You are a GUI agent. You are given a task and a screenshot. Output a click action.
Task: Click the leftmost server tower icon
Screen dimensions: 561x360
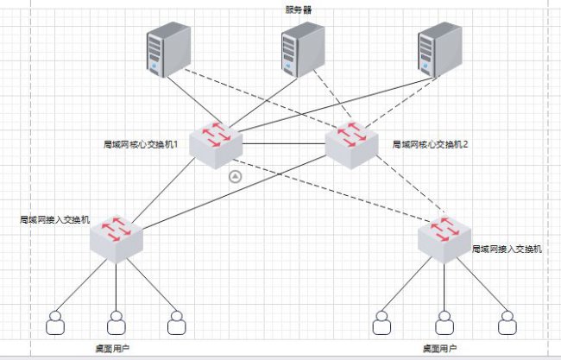(168, 50)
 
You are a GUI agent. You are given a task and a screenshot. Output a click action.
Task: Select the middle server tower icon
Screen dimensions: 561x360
(303, 50)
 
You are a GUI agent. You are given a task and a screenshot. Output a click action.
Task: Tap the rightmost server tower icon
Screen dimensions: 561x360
(439, 50)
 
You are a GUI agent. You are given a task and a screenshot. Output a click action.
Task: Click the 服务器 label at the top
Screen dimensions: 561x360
(299, 9)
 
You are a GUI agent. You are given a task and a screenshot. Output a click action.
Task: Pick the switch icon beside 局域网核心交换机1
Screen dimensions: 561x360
(216, 144)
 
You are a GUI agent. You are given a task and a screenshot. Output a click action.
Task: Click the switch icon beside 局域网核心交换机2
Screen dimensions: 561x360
(351, 144)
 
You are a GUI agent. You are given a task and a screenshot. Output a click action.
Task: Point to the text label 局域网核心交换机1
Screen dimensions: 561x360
(141, 144)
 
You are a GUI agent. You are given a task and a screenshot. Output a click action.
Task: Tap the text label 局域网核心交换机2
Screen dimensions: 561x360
(430, 144)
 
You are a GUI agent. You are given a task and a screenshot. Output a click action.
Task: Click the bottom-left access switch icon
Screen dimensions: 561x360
(117, 239)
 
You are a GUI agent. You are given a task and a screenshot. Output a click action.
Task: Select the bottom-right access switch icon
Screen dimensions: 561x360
(444, 239)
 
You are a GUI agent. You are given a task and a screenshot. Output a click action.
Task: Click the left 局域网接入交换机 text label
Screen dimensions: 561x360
(54, 219)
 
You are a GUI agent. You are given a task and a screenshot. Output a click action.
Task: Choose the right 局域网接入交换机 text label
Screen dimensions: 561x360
(507, 249)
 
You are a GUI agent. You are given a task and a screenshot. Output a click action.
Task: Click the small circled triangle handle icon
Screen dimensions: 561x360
(235, 176)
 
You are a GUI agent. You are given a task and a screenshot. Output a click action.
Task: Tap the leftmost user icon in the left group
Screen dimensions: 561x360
(55, 323)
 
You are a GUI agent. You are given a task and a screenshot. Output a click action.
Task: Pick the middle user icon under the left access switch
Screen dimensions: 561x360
(117, 323)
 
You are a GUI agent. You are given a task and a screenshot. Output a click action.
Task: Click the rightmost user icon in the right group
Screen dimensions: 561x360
(507, 323)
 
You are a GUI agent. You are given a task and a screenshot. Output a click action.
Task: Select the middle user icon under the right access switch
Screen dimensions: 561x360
(444, 323)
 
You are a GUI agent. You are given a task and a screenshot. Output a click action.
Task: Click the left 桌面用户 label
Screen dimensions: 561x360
(112, 348)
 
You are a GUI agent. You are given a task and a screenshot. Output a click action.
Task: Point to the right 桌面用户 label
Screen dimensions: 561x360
(439, 348)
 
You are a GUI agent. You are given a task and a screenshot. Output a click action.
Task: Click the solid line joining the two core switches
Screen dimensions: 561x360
(284, 144)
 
